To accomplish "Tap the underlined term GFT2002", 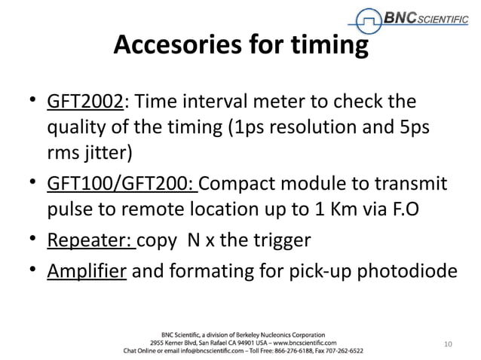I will pos(79,101).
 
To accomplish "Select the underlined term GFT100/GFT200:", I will pos(121,185).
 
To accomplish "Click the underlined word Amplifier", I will pos(87,270).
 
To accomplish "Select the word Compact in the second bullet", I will pos(240,185).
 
